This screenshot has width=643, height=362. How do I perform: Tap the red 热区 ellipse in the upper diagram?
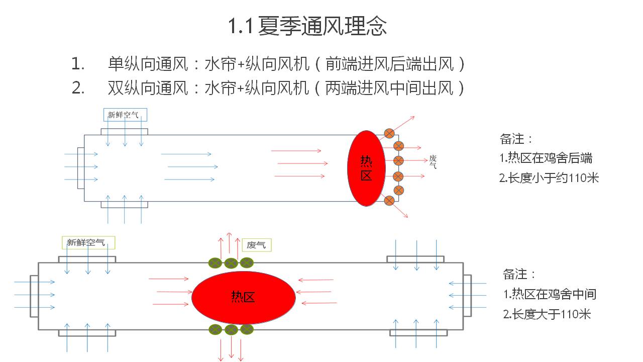366,168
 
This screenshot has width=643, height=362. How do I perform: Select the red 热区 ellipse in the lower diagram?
243,297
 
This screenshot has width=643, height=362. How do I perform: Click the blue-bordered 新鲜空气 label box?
125,115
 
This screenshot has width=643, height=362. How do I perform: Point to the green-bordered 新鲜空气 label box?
88,243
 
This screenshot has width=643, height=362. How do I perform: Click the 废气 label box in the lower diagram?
256,245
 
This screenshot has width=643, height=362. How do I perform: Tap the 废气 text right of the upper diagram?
433,161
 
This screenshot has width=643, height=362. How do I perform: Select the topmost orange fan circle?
389,133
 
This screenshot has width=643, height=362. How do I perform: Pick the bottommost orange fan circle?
389,201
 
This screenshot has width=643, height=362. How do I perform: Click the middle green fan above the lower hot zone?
231,262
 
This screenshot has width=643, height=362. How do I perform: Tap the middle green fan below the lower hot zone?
231,330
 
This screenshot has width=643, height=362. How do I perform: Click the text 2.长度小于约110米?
549,177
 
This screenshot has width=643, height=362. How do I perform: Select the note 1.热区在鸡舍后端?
546,158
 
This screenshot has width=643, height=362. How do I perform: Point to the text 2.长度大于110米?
547,315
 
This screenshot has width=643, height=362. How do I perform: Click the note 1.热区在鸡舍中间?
550,294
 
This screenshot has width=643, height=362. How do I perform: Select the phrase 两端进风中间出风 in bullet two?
389,88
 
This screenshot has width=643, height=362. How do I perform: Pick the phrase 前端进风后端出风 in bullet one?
389,64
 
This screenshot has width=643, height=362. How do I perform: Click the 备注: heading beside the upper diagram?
516,138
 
